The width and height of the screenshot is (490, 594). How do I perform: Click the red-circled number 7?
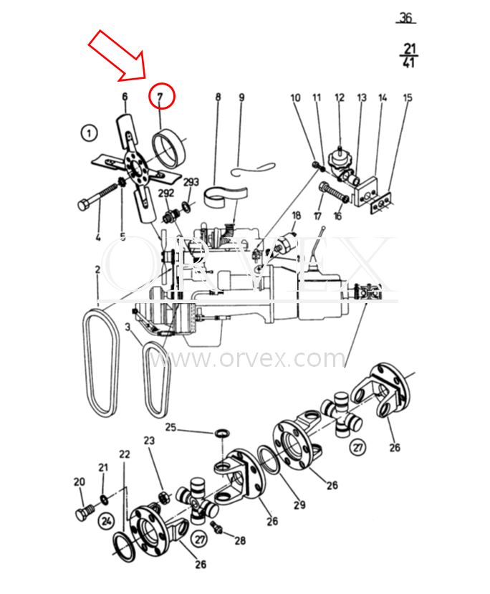[x=160, y=97]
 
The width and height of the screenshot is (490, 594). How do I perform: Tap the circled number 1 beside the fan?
[x=89, y=133]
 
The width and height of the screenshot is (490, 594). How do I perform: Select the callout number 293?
[x=191, y=182]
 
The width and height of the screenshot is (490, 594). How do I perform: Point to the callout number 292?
[x=166, y=193]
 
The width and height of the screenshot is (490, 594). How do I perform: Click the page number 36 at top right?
[x=405, y=18]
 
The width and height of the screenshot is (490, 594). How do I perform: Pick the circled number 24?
[x=107, y=521]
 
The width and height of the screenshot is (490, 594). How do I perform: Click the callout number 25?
[x=170, y=427]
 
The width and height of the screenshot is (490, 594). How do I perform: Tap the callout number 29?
[x=299, y=504]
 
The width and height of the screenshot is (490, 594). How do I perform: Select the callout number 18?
[x=296, y=216]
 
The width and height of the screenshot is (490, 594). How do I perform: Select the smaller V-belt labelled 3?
[x=157, y=380]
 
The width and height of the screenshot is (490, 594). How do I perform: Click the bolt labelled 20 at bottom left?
[x=85, y=512]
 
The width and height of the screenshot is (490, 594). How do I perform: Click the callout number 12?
[x=340, y=97]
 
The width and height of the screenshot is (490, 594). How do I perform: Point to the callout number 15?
[x=407, y=97]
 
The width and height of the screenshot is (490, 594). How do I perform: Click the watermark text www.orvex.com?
[x=248, y=358]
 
